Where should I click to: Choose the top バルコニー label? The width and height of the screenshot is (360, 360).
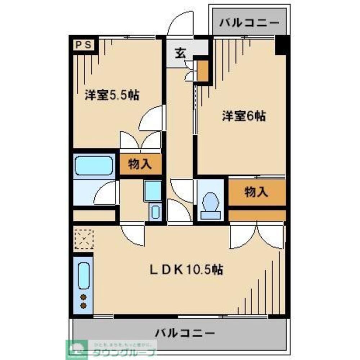(249, 22)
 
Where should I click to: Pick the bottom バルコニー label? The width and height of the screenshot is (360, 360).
(185, 333)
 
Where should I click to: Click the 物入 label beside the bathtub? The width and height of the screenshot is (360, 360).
(140, 165)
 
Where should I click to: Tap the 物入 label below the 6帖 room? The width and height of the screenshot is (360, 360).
(256, 192)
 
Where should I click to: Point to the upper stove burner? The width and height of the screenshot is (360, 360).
(83, 297)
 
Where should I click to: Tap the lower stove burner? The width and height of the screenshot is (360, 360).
(83, 306)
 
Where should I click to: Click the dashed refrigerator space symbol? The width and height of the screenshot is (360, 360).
(84, 239)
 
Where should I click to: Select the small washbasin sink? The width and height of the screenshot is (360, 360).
(155, 212)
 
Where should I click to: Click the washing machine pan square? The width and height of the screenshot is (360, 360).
(153, 191)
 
